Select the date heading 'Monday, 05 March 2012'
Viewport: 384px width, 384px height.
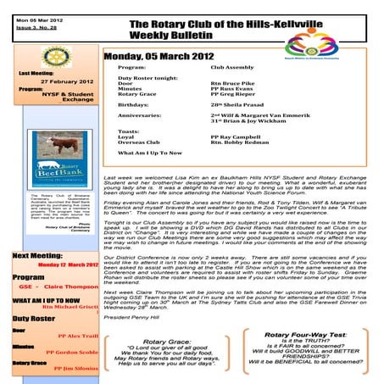(163, 56)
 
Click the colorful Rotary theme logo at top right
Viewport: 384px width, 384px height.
(348, 26)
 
